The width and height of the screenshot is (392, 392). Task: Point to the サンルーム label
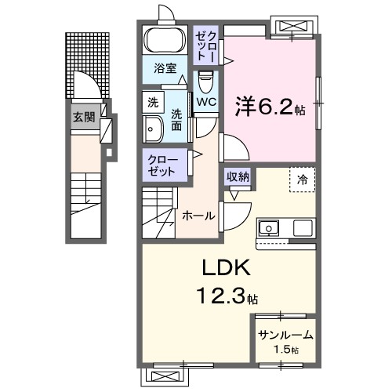(285, 335)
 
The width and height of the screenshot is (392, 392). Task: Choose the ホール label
(198, 215)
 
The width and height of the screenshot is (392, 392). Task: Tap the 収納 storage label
(238, 177)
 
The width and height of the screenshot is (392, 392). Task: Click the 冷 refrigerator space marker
(302, 179)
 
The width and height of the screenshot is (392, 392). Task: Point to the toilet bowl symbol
(206, 82)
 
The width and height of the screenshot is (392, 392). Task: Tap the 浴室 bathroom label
(164, 67)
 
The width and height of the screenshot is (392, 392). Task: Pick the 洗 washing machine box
(154, 102)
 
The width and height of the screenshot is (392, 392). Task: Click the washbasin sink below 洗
(152, 128)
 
